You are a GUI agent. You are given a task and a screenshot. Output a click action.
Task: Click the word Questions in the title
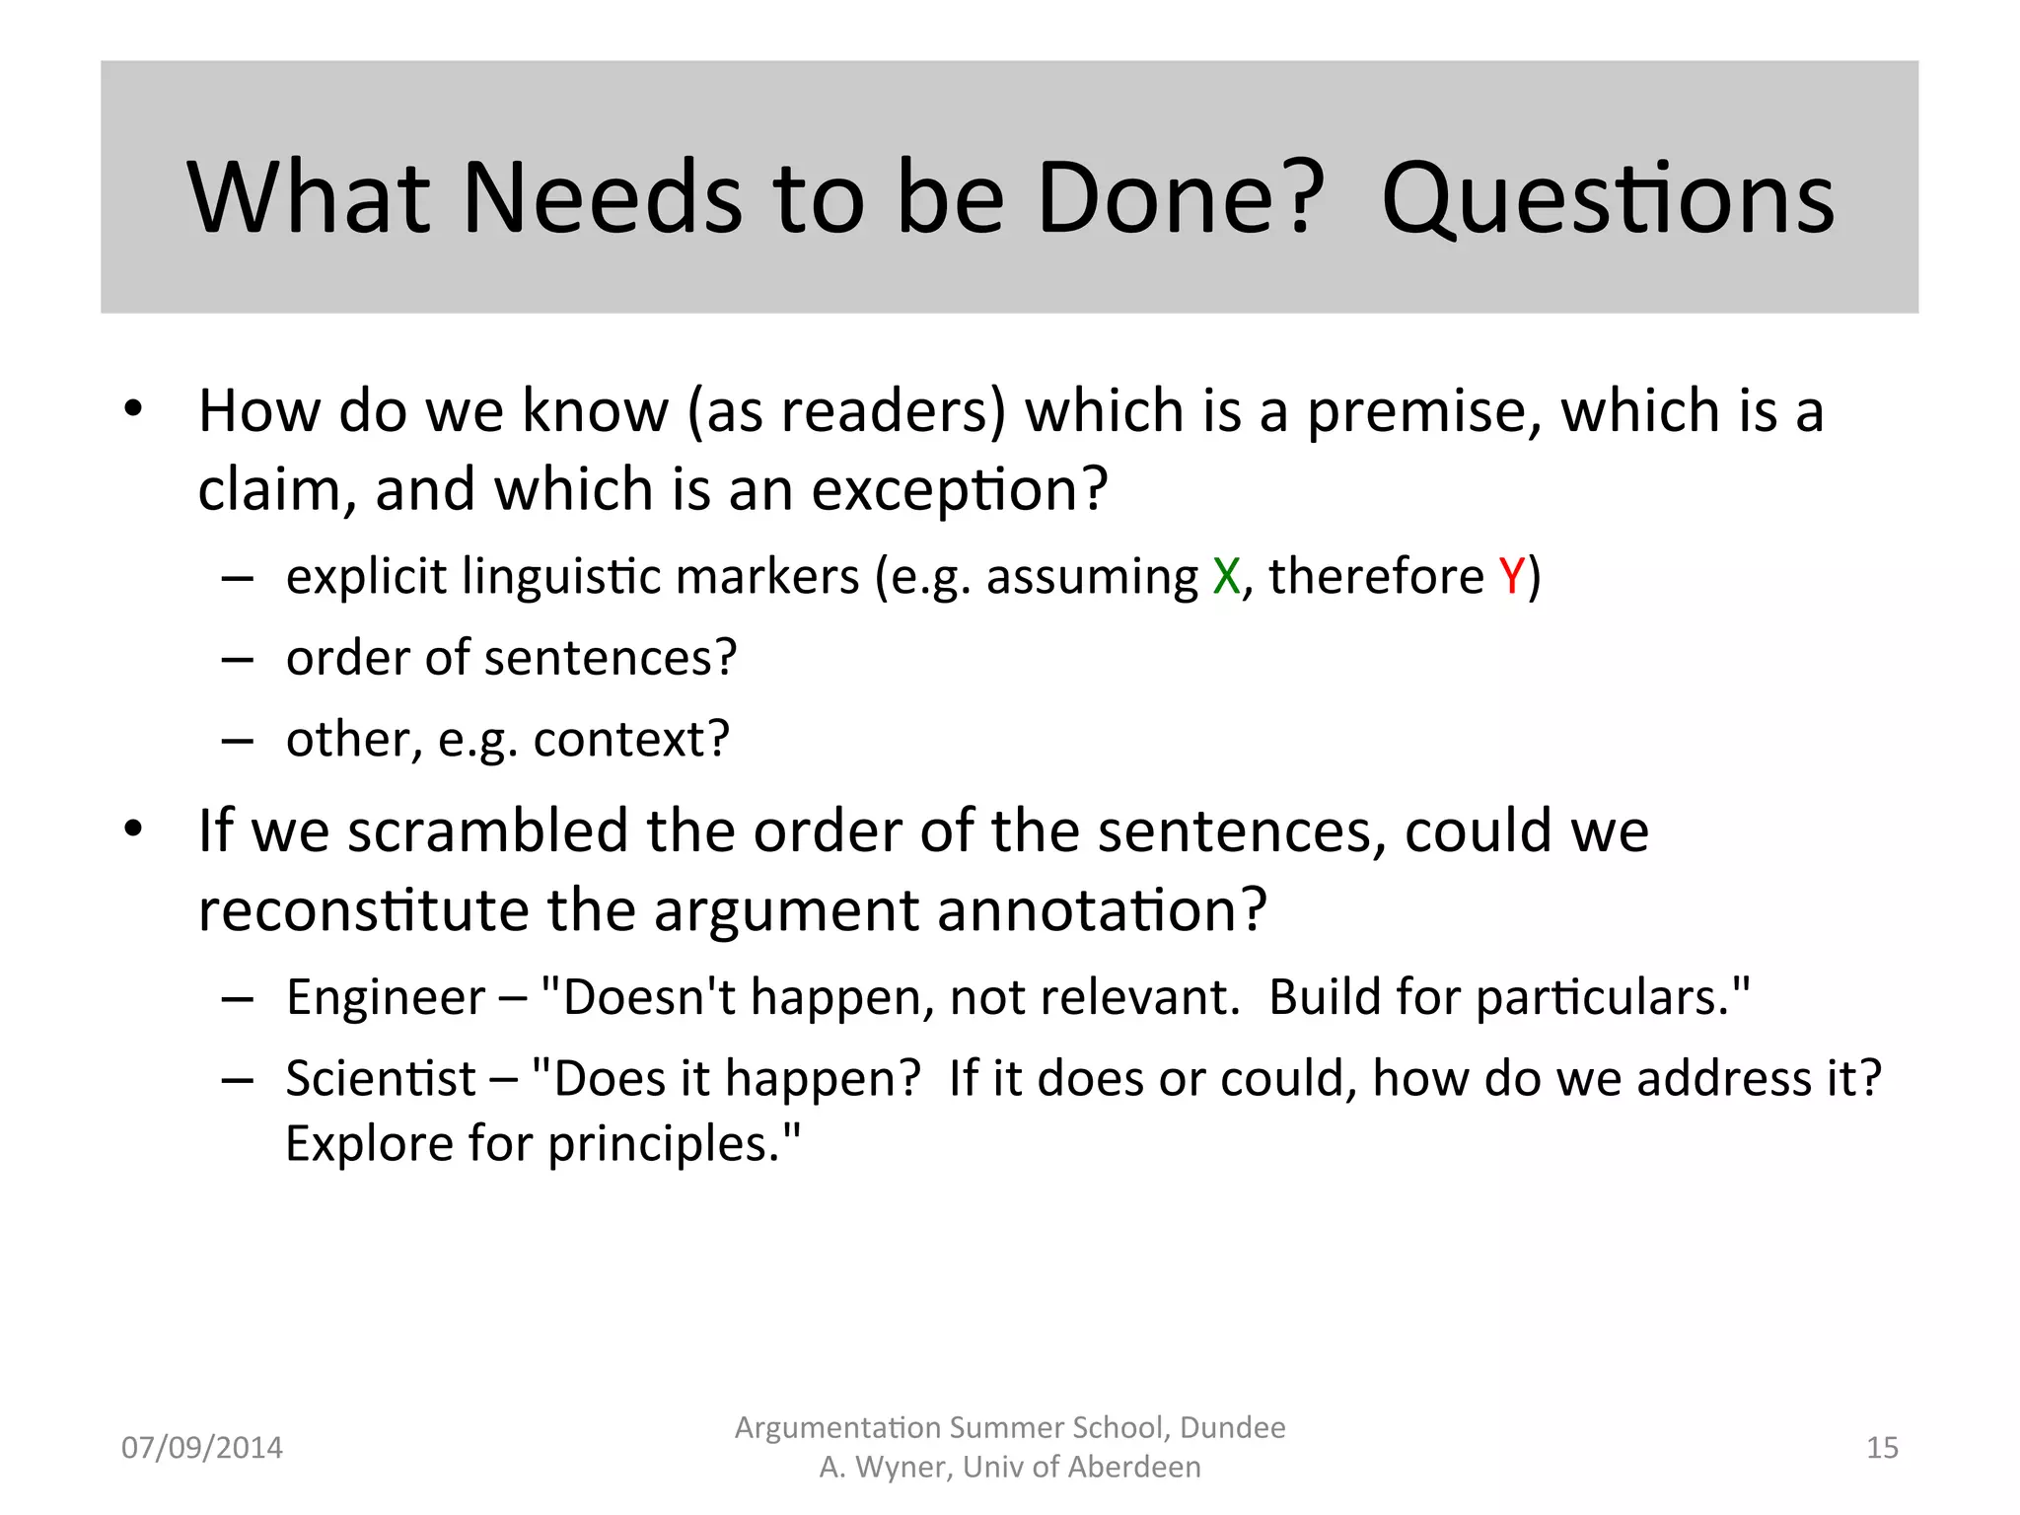point(1608,200)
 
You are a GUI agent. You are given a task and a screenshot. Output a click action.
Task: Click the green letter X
point(1226,576)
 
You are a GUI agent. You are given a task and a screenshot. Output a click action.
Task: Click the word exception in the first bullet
point(948,491)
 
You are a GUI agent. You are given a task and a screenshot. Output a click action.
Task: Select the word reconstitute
point(363,909)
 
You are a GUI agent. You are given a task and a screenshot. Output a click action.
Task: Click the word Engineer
point(386,997)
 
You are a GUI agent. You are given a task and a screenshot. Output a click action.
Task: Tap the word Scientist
point(381,1078)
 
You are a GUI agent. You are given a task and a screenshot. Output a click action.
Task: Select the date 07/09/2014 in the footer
point(201,1448)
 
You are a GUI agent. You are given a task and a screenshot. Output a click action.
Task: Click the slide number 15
point(1882,1448)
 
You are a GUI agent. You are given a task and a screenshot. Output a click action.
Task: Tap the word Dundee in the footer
point(1232,1428)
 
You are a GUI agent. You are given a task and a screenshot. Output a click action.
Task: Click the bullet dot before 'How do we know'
point(133,409)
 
